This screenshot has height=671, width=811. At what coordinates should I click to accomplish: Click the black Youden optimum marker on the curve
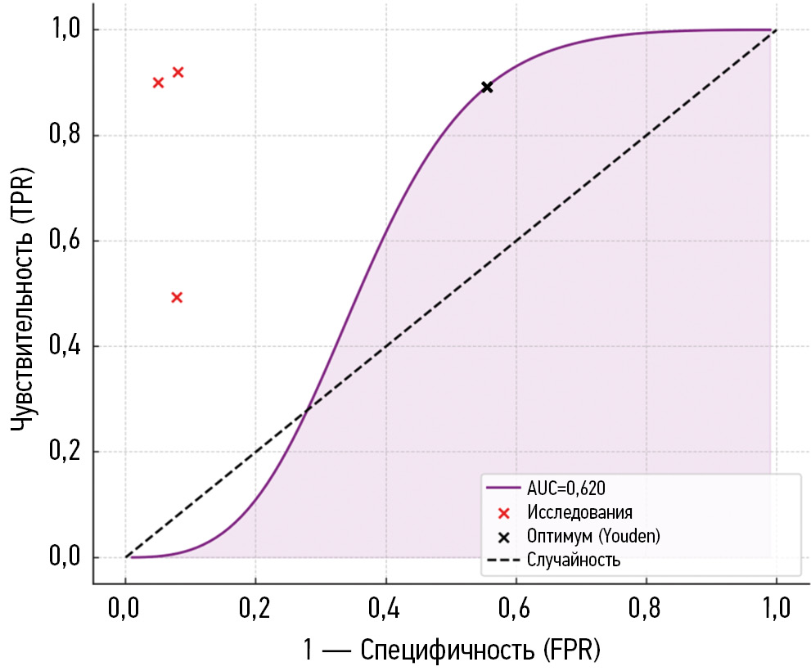click(487, 87)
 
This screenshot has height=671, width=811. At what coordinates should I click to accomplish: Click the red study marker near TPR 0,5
click(177, 297)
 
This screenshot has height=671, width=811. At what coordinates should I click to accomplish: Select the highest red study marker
click(178, 72)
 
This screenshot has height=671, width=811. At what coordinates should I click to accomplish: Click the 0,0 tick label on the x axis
click(125, 610)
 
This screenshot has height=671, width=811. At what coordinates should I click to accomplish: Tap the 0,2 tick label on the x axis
click(255, 610)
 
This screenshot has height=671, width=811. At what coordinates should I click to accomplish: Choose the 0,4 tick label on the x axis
click(385, 610)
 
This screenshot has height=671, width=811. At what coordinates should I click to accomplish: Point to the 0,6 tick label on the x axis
click(516, 610)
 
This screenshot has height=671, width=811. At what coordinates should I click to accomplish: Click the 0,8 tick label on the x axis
click(646, 610)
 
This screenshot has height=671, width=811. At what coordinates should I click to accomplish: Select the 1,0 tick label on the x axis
click(775, 610)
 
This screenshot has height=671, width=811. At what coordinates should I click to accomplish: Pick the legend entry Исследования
click(579, 512)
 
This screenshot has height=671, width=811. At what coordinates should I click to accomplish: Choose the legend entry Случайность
click(574, 561)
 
